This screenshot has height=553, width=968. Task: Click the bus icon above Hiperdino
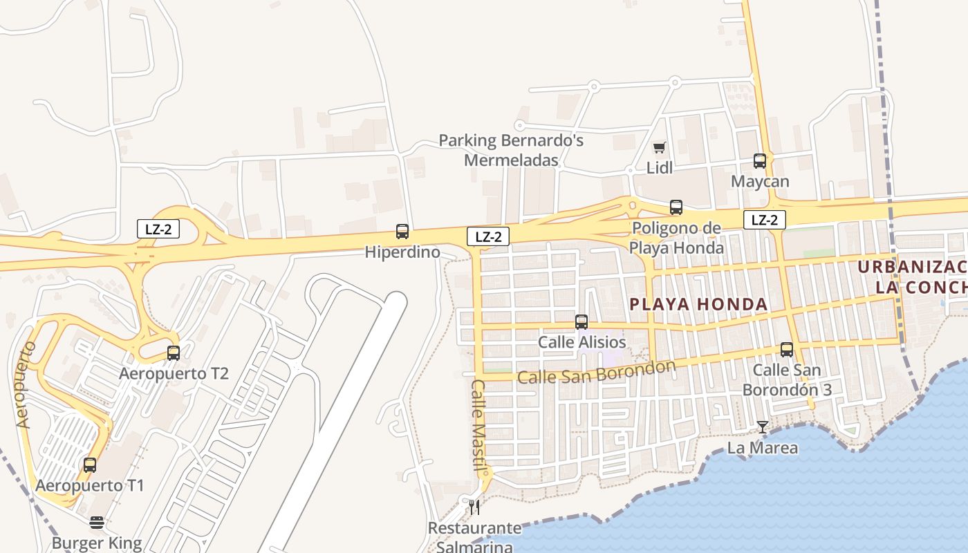click(402, 232)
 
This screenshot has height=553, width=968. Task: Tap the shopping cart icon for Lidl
click(660, 147)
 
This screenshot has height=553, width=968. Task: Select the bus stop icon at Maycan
click(760, 161)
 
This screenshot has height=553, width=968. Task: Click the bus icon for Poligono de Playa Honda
click(676, 207)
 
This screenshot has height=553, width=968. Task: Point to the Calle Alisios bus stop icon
click(581, 322)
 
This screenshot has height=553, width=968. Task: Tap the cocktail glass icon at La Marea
click(762, 427)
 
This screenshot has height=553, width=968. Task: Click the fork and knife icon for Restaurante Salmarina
click(474, 507)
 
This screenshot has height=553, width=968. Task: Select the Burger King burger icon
click(96, 523)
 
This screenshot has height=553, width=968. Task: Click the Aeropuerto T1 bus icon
click(89, 465)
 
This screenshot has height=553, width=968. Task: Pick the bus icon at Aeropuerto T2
click(173, 353)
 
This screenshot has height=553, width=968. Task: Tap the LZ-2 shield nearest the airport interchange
click(158, 229)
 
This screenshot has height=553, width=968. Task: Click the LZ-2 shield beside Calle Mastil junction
click(488, 236)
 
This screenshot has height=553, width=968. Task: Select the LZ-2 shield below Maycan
click(765, 220)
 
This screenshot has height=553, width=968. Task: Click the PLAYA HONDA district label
click(699, 304)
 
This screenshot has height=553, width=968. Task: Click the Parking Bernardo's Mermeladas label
click(511, 150)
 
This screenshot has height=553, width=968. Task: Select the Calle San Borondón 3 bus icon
click(786, 350)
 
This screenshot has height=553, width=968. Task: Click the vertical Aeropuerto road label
click(25, 384)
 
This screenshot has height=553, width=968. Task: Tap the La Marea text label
click(762, 448)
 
